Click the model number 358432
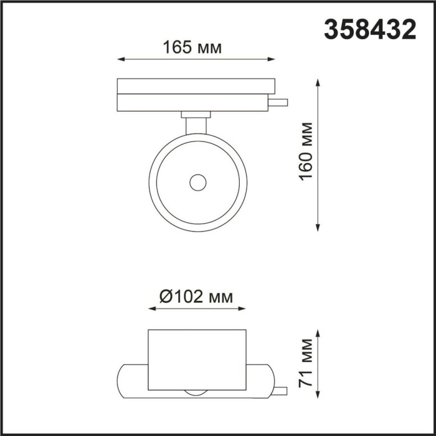click(369, 29)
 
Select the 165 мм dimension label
click(192, 47)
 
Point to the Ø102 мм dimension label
click(196, 297)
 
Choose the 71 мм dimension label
click(305, 363)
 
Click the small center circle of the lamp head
click(198, 182)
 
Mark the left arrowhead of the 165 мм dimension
click(120, 60)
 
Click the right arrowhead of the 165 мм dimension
click(272, 60)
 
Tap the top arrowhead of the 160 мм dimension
click(320, 82)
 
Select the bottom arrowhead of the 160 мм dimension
click(320, 228)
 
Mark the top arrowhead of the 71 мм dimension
click(320, 333)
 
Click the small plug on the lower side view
click(280, 391)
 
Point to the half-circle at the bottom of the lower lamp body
click(197, 392)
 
